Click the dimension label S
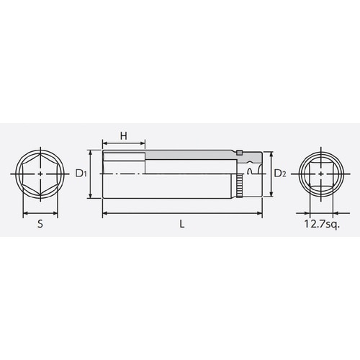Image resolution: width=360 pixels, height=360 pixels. click(x=40, y=224)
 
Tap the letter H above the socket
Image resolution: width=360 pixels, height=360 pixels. click(x=123, y=136)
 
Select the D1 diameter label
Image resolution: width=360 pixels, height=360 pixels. click(x=81, y=174)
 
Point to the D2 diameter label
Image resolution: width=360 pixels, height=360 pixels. click(x=282, y=174)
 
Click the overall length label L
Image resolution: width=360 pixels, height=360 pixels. click(x=183, y=224)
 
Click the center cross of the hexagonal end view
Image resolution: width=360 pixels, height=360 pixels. click(x=40, y=174)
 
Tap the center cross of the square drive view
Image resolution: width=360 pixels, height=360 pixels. click(x=321, y=174)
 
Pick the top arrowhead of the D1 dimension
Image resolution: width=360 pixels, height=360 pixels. click(x=91, y=153)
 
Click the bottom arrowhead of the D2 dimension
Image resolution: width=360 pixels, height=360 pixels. click(x=271, y=194)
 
